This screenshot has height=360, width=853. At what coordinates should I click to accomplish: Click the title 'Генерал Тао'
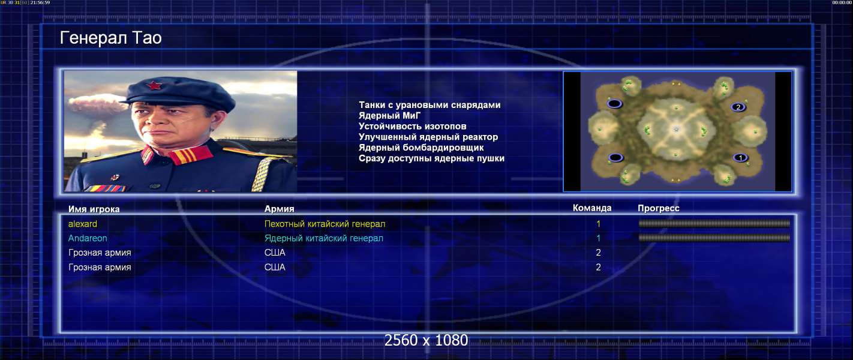click(x=111, y=38)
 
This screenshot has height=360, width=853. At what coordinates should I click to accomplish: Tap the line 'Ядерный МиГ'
click(x=389, y=115)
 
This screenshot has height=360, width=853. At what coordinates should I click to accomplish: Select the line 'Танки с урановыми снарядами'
click(x=429, y=105)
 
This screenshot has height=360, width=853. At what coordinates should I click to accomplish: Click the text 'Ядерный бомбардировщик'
click(x=421, y=148)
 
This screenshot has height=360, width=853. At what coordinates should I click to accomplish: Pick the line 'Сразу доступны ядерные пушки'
click(x=431, y=158)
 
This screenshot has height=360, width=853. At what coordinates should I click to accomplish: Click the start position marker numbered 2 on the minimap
click(x=738, y=107)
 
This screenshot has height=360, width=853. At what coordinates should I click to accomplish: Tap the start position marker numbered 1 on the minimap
click(x=740, y=157)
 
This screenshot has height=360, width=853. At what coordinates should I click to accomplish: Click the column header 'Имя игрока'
click(x=94, y=209)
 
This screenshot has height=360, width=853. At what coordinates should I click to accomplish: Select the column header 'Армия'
click(x=279, y=209)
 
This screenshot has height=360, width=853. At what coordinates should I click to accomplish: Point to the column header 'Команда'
click(x=592, y=208)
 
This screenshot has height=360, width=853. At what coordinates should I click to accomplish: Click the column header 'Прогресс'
click(x=659, y=208)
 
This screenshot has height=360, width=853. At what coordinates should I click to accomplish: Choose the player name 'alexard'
click(x=83, y=224)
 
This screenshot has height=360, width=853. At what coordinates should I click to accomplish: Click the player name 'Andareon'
click(x=88, y=238)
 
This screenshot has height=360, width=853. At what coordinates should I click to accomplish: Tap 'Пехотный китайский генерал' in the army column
click(x=325, y=224)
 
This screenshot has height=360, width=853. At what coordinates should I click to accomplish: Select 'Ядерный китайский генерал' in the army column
click(x=324, y=238)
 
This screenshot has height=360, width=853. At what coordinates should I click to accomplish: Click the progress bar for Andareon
click(x=714, y=238)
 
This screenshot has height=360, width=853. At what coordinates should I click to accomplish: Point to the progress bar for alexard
click(x=714, y=224)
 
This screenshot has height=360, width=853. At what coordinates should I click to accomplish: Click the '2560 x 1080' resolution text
click(x=426, y=340)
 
